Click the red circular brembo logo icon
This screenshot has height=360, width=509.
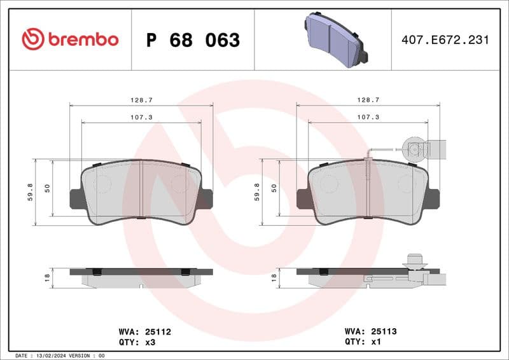tap(32, 39)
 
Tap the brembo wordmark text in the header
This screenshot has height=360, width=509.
tap(83, 39)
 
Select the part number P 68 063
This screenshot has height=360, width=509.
tap(193, 40)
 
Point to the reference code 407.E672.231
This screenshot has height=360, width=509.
tap(445, 40)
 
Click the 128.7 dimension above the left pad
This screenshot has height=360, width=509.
tap(141, 100)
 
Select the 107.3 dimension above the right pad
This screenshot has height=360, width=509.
tap(368, 117)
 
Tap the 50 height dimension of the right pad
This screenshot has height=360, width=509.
tap(274, 188)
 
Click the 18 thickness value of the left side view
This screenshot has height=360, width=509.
tap(47, 277)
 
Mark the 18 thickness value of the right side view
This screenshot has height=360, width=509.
tap(274, 277)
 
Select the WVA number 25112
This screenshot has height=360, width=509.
tap(158, 331)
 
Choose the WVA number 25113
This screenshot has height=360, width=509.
tap(384, 331)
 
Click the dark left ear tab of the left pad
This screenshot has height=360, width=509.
tap(74, 199)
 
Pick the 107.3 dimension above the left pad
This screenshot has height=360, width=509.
tap(141, 117)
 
